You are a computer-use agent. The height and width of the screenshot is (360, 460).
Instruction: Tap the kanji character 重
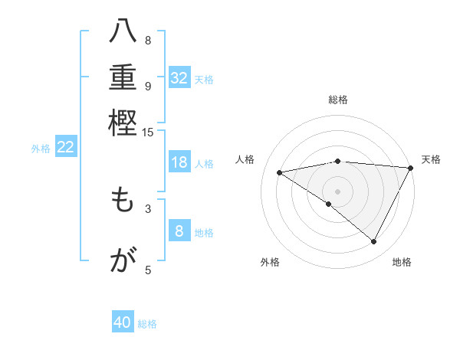click(x=123, y=78)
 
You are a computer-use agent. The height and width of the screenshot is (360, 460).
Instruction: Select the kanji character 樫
click(x=123, y=122)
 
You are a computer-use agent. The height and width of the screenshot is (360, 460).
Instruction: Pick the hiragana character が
click(x=123, y=261)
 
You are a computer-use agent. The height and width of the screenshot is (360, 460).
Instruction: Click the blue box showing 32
click(x=179, y=78)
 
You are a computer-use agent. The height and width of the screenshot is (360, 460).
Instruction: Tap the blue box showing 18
click(x=179, y=162)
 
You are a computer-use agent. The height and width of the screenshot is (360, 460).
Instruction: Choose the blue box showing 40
click(x=123, y=322)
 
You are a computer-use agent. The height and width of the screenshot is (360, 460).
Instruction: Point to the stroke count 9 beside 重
click(x=148, y=87)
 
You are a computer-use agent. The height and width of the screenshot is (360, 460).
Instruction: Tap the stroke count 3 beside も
click(x=148, y=208)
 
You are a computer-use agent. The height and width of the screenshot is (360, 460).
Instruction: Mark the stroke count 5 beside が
click(x=148, y=269)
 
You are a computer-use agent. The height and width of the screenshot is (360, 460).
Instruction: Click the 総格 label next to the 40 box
click(x=147, y=324)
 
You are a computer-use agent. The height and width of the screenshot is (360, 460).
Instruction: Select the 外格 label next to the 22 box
click(x=41, y=149)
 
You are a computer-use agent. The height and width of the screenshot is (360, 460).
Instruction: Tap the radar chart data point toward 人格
click(x=280, y=172)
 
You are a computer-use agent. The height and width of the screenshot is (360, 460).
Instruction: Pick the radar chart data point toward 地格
click(x=374, y=242)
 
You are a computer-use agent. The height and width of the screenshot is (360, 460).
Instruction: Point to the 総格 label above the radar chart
click(x=338, y=100)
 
